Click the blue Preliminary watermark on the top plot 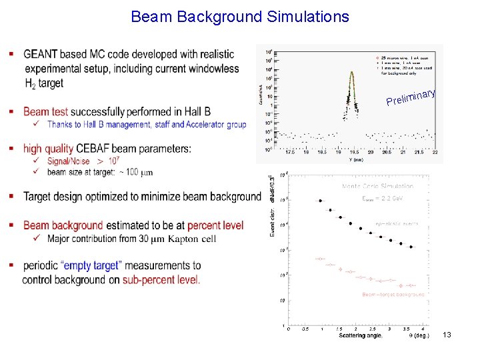click(x=411, y=97)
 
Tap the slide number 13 click(x=447, y=335)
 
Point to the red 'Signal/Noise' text click(x=69, y=161)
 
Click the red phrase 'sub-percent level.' click(x=161, y=280)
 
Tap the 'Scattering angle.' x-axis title click(x=360, y=335)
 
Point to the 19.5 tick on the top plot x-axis click(x=355, y=153)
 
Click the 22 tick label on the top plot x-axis click(x=435, y=153)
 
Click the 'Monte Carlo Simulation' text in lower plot click(x=377, y=187)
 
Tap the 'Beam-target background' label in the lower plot click(x=393, y=294)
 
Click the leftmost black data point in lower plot click(x=321, y=200)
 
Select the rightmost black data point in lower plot click(x=411, y=247)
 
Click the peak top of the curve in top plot click(x=353, y=74)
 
